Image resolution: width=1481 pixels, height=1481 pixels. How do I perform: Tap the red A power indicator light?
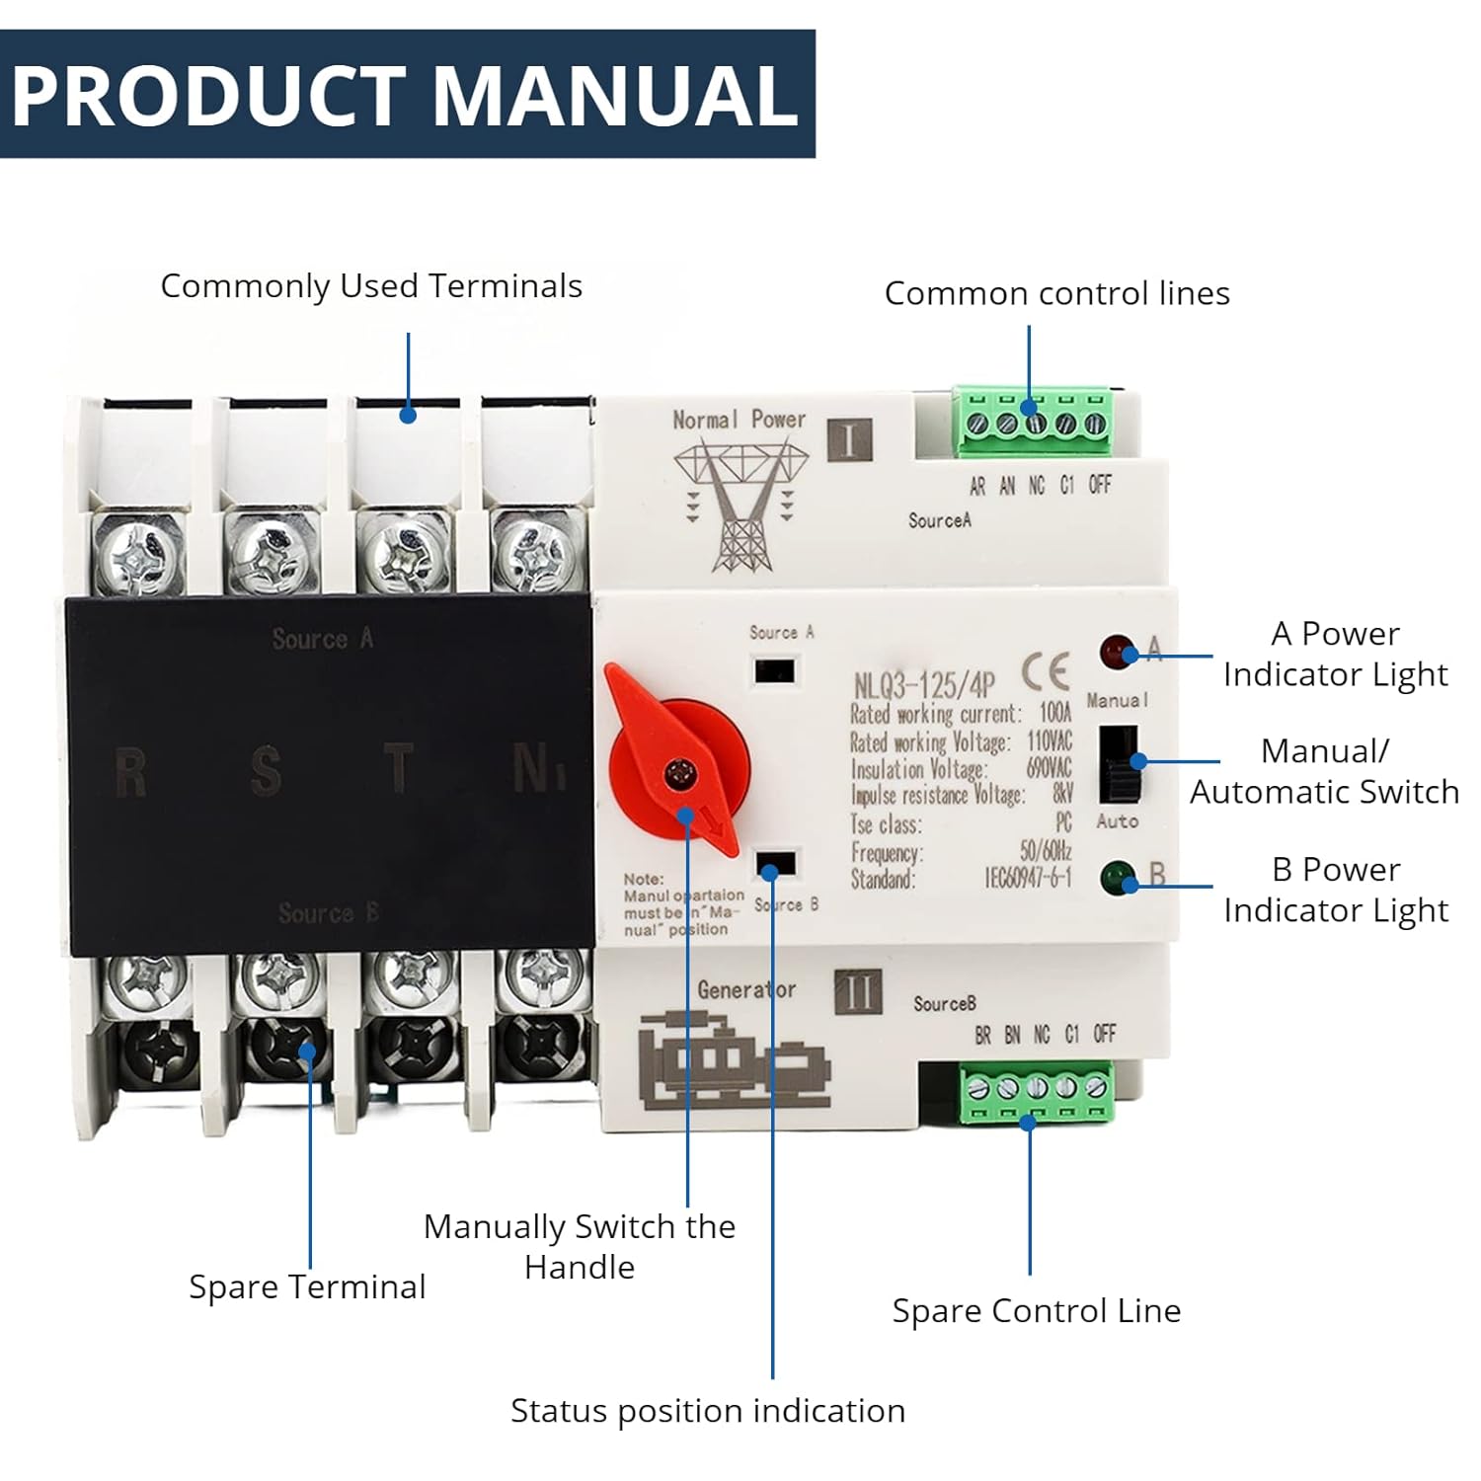coord(1116,652)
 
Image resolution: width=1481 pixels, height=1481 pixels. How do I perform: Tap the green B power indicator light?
coord(1118,877)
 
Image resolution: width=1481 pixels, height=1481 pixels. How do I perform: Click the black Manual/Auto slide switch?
coord(1119,764)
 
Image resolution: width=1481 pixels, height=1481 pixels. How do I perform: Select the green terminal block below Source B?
coord(1037,1092)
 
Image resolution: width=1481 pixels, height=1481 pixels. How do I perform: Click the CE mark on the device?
coord(1046,673)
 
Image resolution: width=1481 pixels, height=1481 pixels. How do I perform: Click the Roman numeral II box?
coord(857,991)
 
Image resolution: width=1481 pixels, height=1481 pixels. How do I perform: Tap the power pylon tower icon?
coord(740,506)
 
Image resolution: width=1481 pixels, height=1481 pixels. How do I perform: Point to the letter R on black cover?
coord(130,772)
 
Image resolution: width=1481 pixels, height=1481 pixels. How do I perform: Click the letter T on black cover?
coord(398,768)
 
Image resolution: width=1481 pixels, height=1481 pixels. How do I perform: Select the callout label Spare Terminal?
coord(307,1286)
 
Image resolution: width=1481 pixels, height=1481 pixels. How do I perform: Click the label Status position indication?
coord(708,1410)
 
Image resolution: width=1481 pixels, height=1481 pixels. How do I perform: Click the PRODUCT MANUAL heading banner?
coord(407,94)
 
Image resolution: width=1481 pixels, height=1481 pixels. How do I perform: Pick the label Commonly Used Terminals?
coord(371,286)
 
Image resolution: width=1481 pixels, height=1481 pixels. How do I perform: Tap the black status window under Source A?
coord(775,671)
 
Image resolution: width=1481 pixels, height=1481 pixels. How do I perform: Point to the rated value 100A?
coord(1054,712)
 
